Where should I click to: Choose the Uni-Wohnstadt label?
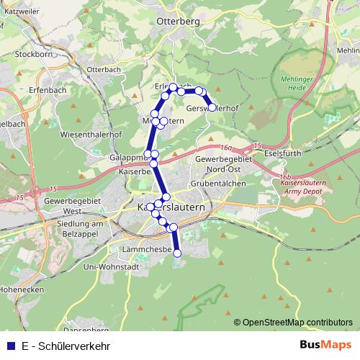pos(111,266)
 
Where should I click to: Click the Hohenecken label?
pos(22,289)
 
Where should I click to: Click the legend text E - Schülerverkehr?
pos(66,346)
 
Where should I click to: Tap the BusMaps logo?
pos(325,346)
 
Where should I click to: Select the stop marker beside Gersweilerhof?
pos(212,107)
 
